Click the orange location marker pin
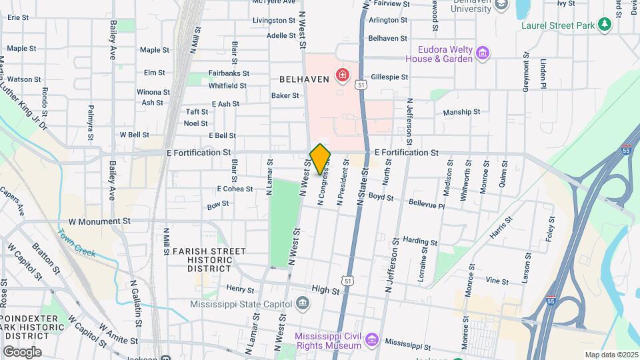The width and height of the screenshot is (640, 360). click(321, 159)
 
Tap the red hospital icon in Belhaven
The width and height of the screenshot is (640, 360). click(343, 75)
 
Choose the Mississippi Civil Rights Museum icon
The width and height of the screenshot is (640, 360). click(372, 341)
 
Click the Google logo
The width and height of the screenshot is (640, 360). click(22, 352)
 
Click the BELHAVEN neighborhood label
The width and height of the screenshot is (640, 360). click(304, 79)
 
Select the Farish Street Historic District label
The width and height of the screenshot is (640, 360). click(199, 260)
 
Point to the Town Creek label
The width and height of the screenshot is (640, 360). click(77, 243)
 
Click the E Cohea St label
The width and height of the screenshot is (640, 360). click(235, 189)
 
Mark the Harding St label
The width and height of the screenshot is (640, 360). click(420, 241)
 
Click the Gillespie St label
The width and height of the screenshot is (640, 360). click(388, 77)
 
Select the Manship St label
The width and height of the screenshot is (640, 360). click(461, 112)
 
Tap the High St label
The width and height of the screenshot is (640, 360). click(326, 291)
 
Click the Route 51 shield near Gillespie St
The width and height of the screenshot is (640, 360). click(361, 85)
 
